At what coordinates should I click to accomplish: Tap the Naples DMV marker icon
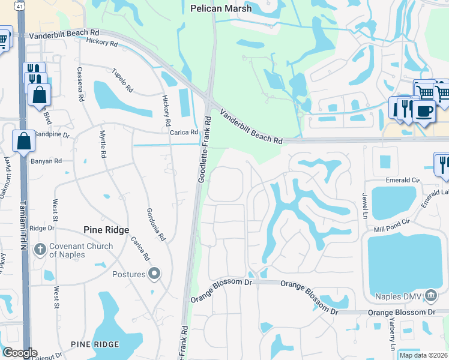click(430, 295)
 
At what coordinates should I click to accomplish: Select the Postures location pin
click(155, 274)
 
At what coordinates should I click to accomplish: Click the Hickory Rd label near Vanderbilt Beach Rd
click(101, 43)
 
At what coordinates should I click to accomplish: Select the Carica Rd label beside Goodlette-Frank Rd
click(184, 133)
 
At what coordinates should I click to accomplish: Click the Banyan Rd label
click(49, 161)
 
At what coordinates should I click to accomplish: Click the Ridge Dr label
click(42, 228)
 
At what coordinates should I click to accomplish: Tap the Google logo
click(20, 353)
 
